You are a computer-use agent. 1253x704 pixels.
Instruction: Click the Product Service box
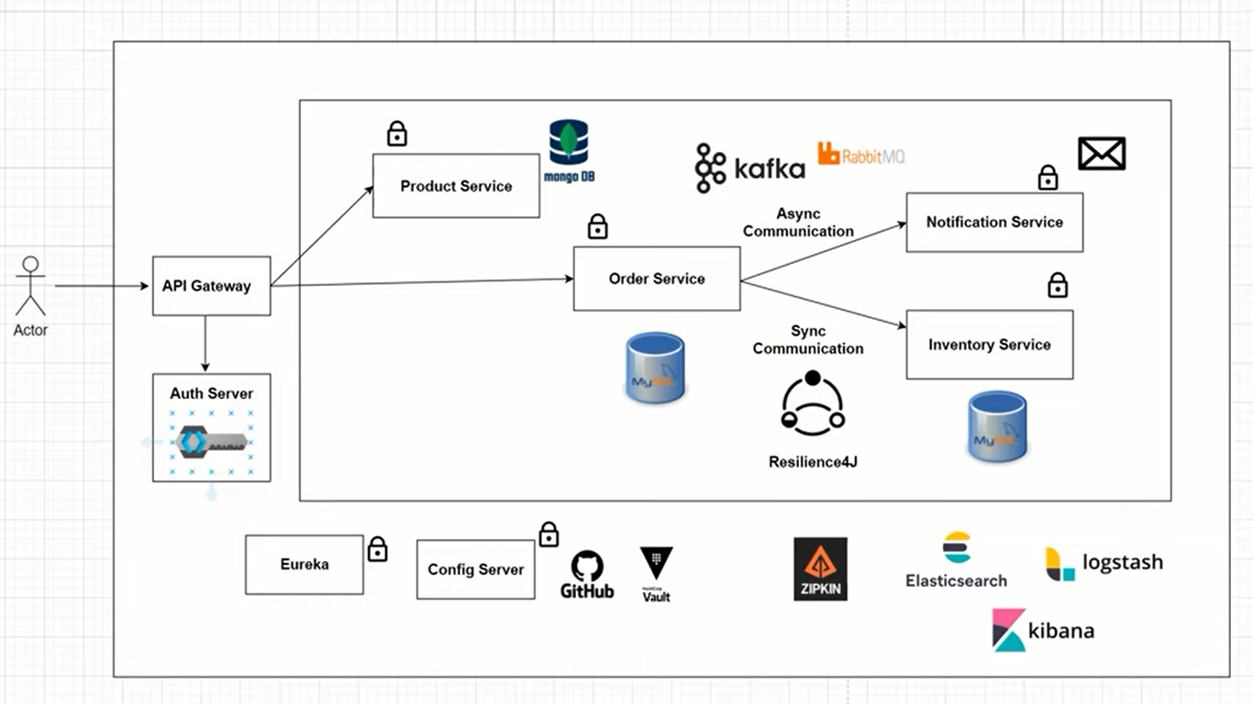[456, 186]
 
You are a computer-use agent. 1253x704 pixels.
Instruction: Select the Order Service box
[657, 279]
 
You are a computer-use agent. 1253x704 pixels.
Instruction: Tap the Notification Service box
[994, 222]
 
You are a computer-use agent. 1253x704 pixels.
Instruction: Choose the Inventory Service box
[989, 345]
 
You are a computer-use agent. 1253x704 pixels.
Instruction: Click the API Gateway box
[211, 286]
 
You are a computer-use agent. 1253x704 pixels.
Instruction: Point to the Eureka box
[305, 565]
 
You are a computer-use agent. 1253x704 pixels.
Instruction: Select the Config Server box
[475, 569]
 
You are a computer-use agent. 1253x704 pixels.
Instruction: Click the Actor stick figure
[31, 287]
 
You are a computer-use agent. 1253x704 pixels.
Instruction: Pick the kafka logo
[749, 168]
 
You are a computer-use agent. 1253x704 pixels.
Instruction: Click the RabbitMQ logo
[861, 154]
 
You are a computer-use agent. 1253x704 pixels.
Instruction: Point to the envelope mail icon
[1101, 154]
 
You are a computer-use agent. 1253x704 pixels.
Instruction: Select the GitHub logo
[587, 575]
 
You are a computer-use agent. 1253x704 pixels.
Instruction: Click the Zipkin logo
[820, 569]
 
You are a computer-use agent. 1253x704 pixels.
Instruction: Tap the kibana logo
[1043, 630]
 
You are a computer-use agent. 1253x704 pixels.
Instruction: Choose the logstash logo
[1104, 563]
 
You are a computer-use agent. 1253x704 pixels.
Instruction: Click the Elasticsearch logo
[956, 560]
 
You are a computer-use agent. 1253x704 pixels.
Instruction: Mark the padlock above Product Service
[396, 134]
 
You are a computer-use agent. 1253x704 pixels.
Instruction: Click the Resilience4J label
[813, 462]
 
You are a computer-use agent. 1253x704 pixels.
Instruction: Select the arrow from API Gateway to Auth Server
[205, 344]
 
